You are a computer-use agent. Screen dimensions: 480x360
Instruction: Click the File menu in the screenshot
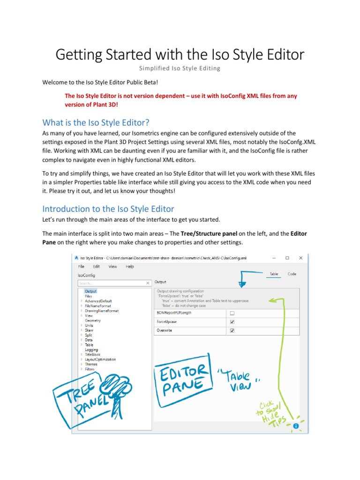pos(81,266)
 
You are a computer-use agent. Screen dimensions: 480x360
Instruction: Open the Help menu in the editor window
pos(130,266)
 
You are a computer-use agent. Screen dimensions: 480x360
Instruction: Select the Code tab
pos(292,274)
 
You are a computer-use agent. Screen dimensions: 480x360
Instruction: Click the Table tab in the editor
pos(274,274)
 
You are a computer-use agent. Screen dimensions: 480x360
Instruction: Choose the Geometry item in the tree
pos(92,320)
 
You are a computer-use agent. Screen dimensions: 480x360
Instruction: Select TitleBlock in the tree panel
pos(92,354)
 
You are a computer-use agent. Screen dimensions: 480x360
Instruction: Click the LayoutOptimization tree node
pos(100,360)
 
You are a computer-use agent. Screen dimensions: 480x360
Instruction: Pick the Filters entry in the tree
pos(90,369)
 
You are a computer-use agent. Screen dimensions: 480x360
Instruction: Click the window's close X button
pos(301,257)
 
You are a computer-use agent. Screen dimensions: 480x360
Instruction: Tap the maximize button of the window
pos(287,257)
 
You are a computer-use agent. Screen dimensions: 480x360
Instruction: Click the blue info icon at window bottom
pos(296,426)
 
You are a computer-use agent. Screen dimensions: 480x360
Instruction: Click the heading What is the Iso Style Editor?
pos(96,123)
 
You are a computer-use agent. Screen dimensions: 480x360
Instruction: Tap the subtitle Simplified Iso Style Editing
pos(180,68)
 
